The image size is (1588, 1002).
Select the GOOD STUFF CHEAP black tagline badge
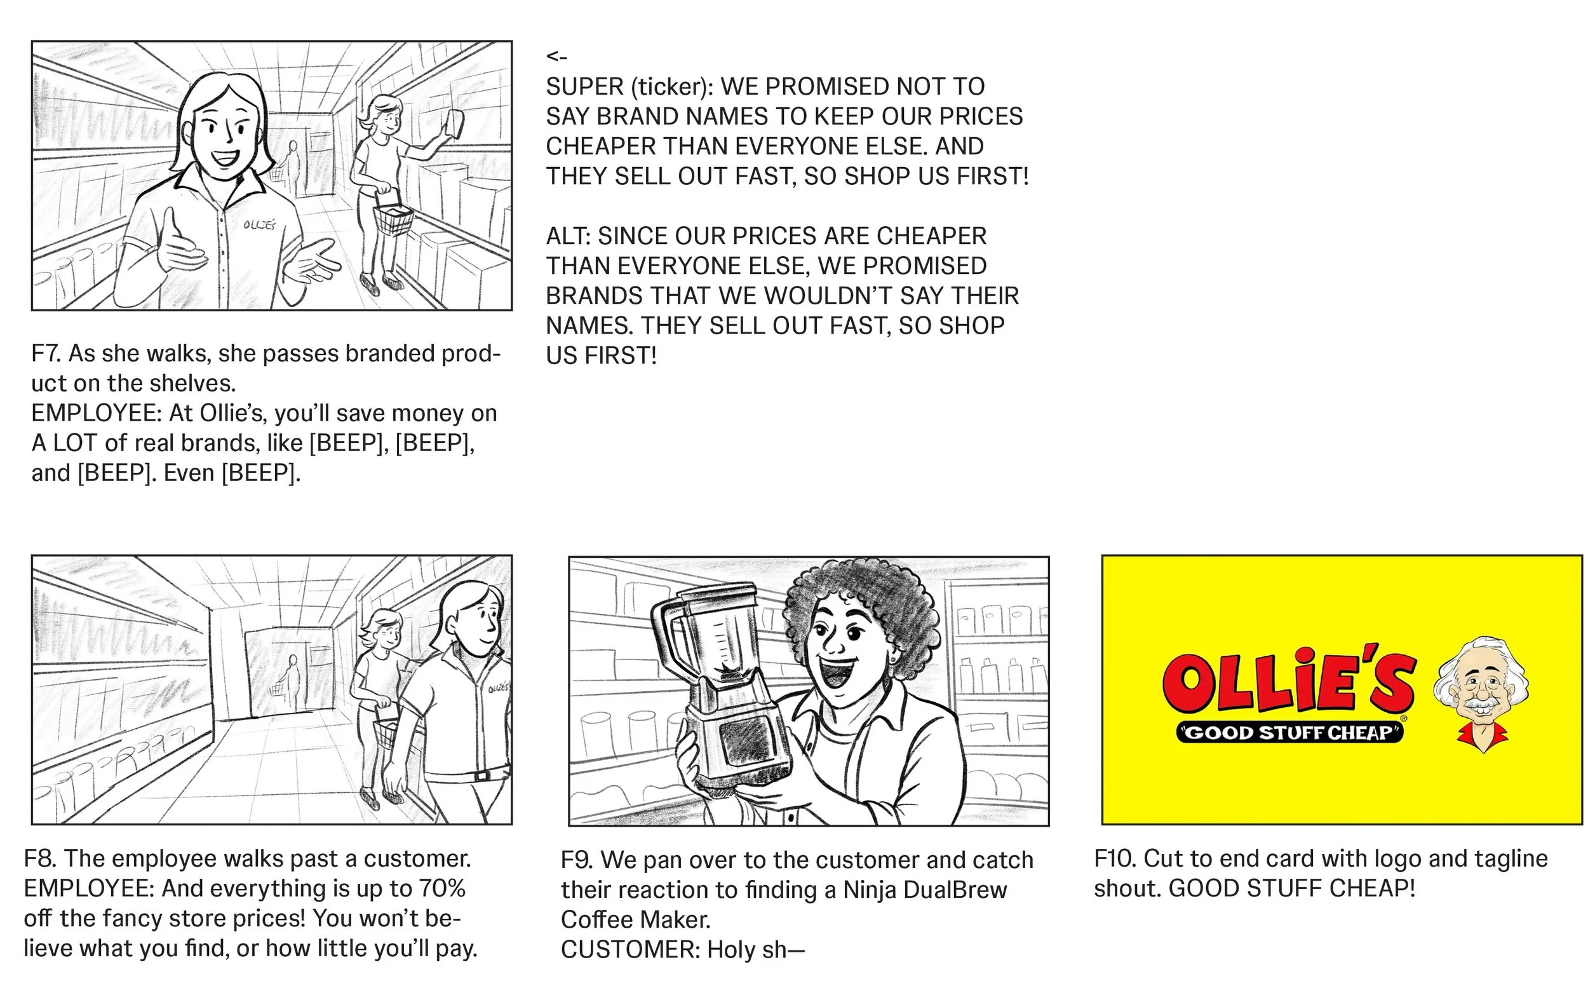1289,733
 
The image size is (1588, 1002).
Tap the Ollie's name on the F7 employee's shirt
259,225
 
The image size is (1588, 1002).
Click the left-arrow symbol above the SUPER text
556,57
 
